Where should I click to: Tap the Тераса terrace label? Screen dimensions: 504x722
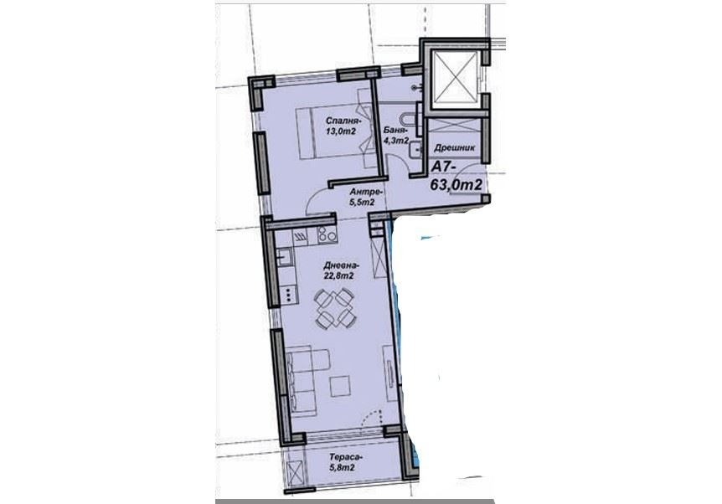[345, 459]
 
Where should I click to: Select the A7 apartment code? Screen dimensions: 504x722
[441, 167]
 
